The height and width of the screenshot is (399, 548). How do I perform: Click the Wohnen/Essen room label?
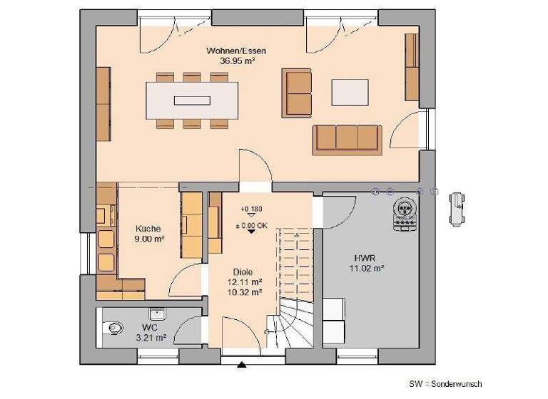click(230, 51)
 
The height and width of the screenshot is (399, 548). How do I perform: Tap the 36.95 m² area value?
click(230, 61)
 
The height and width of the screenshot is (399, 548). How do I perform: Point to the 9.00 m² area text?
click(149, 239)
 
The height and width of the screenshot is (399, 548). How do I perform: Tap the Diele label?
click(243, 271)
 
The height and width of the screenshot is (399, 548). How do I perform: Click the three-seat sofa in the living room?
click(346, 138)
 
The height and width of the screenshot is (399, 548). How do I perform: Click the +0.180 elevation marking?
click(250, 209)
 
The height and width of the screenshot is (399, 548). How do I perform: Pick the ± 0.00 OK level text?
click(251, 226)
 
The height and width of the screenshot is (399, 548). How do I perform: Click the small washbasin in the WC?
click(156, 314)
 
